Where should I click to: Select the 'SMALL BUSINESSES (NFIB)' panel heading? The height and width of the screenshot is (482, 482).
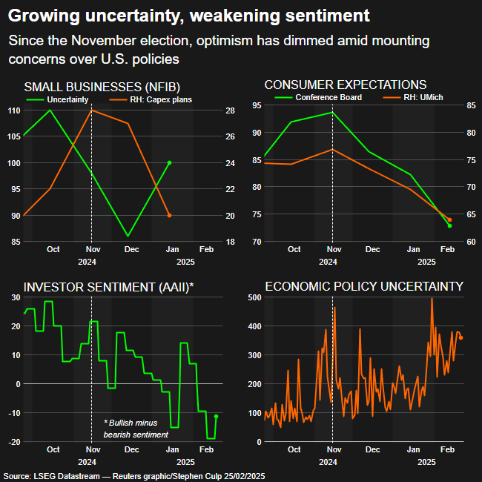click(102, 86)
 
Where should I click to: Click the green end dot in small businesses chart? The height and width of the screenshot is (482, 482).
click(170, 162)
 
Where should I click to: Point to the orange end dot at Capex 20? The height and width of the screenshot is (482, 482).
click(170, 215)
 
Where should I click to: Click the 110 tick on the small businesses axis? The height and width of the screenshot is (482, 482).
click(15, 110)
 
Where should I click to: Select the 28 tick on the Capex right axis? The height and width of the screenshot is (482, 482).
click(231, 110)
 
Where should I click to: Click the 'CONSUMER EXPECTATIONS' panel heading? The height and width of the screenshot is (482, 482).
click(345, 85)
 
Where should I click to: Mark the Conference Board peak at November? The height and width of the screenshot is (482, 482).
click(332, 112)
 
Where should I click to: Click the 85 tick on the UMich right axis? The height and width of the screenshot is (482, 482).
click(471, 105)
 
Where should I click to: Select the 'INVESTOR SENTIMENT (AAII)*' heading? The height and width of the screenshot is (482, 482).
click(109, 286)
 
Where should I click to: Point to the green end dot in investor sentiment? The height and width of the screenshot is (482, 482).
click(216, 417)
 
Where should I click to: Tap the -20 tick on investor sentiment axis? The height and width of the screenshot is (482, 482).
click(15, 442)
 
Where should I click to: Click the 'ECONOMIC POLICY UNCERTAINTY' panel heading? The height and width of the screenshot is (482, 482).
click(363, 286)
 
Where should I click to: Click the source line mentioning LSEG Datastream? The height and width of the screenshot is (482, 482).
click(133, 475)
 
